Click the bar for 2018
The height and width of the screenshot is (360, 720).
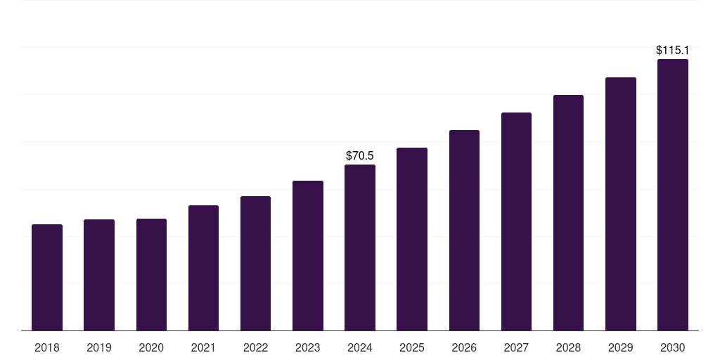tap(47, 278)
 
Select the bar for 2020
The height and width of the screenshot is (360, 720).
tap(151, 275)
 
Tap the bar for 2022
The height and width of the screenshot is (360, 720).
tap(255, 264)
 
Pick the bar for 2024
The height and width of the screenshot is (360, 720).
tap(360, 247)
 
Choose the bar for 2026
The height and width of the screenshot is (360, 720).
tap(464, 231)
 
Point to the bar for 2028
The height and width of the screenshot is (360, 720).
tap(568, 213)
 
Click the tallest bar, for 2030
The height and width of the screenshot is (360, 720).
tap(672, 195)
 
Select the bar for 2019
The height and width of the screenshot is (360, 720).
tap(99, 275)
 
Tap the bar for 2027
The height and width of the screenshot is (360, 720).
tap(516, 221)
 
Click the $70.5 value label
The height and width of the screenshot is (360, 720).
tap(360, 155)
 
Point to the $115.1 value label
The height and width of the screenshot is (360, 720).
tap(672, 51)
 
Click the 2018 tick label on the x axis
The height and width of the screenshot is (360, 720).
tap(47, 347)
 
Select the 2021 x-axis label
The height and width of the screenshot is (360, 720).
tap(203, 347)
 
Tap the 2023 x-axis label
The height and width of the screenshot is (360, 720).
tap(307, 347)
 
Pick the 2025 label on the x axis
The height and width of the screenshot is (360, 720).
tap(412, 347)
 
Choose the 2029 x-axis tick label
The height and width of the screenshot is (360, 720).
tap(620, 347)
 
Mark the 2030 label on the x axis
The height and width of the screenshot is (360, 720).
tap(672, 347)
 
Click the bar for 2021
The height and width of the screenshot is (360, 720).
tap(203, 268)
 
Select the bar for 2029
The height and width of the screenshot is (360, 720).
tap(620, 204)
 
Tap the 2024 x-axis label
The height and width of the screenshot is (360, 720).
tap(360, 347)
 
